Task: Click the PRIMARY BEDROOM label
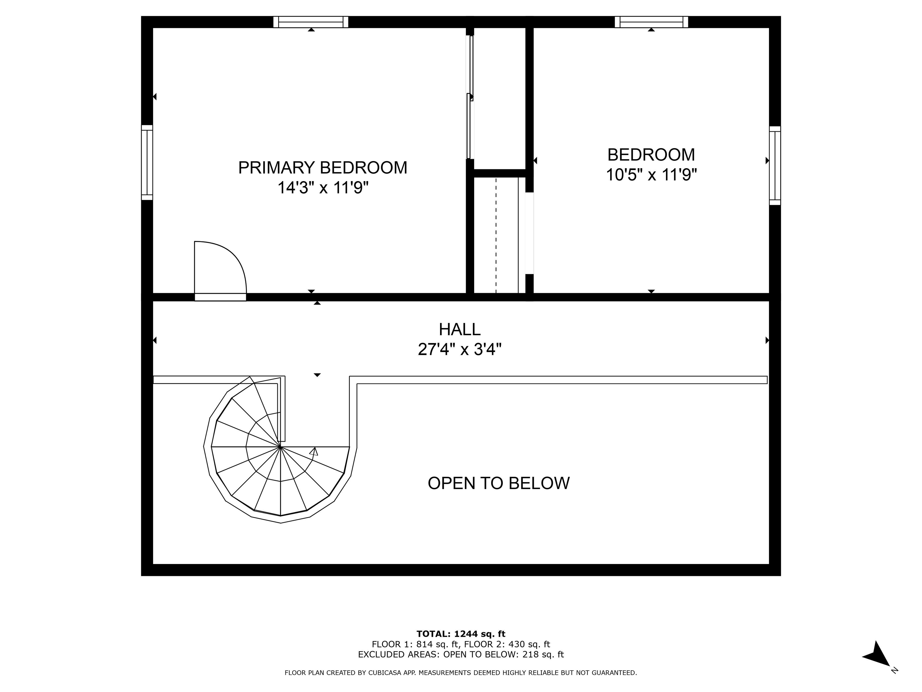323,168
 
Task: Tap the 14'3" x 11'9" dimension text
323,188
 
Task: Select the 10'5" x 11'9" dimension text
651,175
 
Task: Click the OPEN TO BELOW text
499,483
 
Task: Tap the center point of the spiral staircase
281,447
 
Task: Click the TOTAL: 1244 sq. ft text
461,634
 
